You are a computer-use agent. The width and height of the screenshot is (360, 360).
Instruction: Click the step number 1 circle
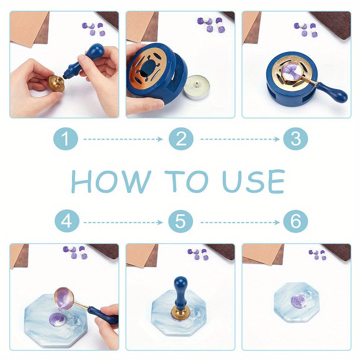coord(66,139)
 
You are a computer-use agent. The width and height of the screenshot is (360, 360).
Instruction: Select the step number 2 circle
coord(181,139)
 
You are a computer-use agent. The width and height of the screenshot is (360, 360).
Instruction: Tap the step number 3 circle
coord(296,139)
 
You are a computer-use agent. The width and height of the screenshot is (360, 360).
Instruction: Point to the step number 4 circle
coord(67,221)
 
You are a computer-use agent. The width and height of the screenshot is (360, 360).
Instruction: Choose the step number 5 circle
coord(180,221)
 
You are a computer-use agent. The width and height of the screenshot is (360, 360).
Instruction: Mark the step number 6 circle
coord(296,221)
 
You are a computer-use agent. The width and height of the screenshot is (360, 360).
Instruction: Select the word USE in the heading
coord(253,181)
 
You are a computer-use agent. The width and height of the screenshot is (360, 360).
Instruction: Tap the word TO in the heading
coord(186,181)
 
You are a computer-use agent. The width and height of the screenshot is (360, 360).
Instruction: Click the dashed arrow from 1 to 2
coord(123,139)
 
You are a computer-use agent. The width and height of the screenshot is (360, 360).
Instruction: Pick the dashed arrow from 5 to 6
coord(240,222)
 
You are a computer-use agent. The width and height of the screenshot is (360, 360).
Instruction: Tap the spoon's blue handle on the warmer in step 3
coord(332,91)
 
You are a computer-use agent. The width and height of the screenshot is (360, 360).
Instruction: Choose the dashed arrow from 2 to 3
coord(240,139)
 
